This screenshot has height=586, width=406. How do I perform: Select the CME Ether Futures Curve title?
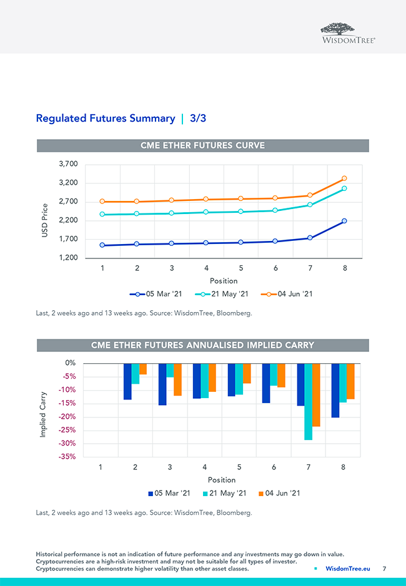[x=202, y=145]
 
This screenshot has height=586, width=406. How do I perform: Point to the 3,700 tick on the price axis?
[x=67, y=164]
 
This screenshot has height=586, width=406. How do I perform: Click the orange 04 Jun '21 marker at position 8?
[x=344, y=178]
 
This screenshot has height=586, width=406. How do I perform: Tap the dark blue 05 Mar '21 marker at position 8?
[x=344, y=221]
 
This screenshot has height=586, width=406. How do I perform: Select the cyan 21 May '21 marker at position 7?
[x=310, y=205]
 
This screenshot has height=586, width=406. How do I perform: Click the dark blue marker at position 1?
[x=102, y=245]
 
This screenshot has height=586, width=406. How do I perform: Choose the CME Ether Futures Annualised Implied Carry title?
[x=202, y=345]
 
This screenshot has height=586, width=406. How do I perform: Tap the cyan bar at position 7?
[x=307, y=401]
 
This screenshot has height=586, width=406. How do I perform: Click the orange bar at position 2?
[x=143, y=369]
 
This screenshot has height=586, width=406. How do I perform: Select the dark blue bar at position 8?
[x=335, y=390]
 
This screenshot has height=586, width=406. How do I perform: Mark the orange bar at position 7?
[x=316, y=394]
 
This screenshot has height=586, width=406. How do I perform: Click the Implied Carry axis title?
[x=44, y=414]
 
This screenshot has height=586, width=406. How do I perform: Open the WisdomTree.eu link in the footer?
[x=347, y=569]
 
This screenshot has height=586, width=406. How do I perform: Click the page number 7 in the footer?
[x=385, y=569]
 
